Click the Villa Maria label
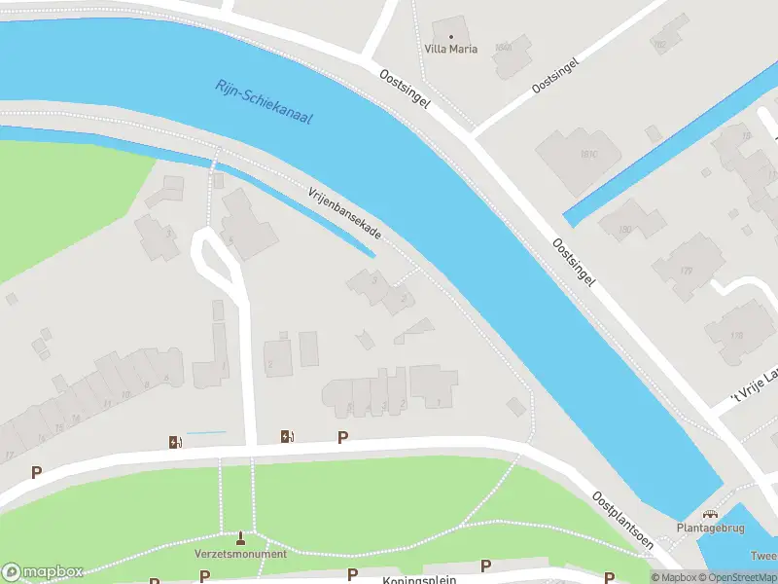[450, 49]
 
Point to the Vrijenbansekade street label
[344, 215]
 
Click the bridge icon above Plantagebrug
[709, 515]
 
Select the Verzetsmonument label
[241, 554]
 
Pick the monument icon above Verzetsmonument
[241, 538]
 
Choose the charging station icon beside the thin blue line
[176, 442]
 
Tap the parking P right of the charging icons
[342, 437]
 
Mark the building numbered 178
[737, 336]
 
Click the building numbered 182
[659, 45]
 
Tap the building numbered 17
[9, 455]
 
